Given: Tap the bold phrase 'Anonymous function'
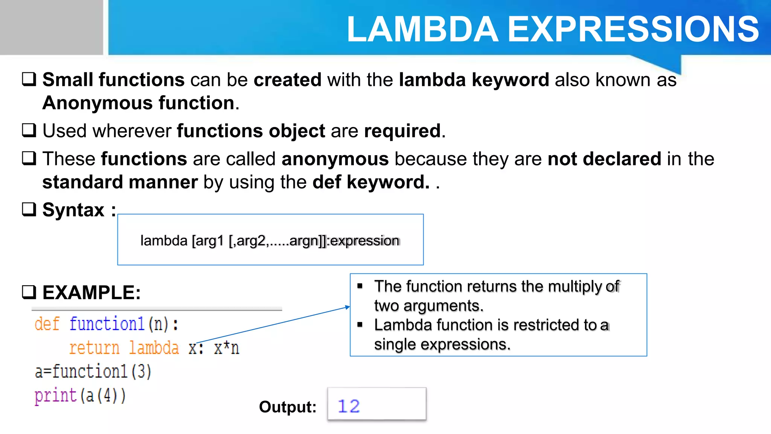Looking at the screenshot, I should (x=138, y=103).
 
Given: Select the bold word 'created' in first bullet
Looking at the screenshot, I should (x=287, y=80).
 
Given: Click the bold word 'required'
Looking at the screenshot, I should (x=402, y=131).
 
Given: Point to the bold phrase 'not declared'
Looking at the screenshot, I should (x=604, y=159).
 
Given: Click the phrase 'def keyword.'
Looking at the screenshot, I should (x=370, y=182).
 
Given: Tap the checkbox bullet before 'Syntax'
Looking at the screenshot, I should (x=29, y=209).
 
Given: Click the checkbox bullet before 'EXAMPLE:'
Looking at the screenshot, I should (x=29, y=292).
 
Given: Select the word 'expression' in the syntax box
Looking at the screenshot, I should (x=364, y=241).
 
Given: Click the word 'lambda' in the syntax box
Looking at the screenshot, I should (x=164, y=241).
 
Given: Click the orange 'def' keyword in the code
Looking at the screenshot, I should (x=47, y=324).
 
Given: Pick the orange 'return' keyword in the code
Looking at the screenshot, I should (x=94, y=348).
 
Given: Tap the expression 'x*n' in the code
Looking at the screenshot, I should (x=226, y=348).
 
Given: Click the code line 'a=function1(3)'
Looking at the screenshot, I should (x=93, y=371).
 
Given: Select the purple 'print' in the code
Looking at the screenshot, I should (x=55, y=396).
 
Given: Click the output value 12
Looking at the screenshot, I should (x=349, y=406).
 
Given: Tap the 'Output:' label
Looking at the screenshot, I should (x=288, y=407).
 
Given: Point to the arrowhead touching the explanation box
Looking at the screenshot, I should (x=348, y=307).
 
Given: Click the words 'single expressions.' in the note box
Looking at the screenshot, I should (x=442, y=344).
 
